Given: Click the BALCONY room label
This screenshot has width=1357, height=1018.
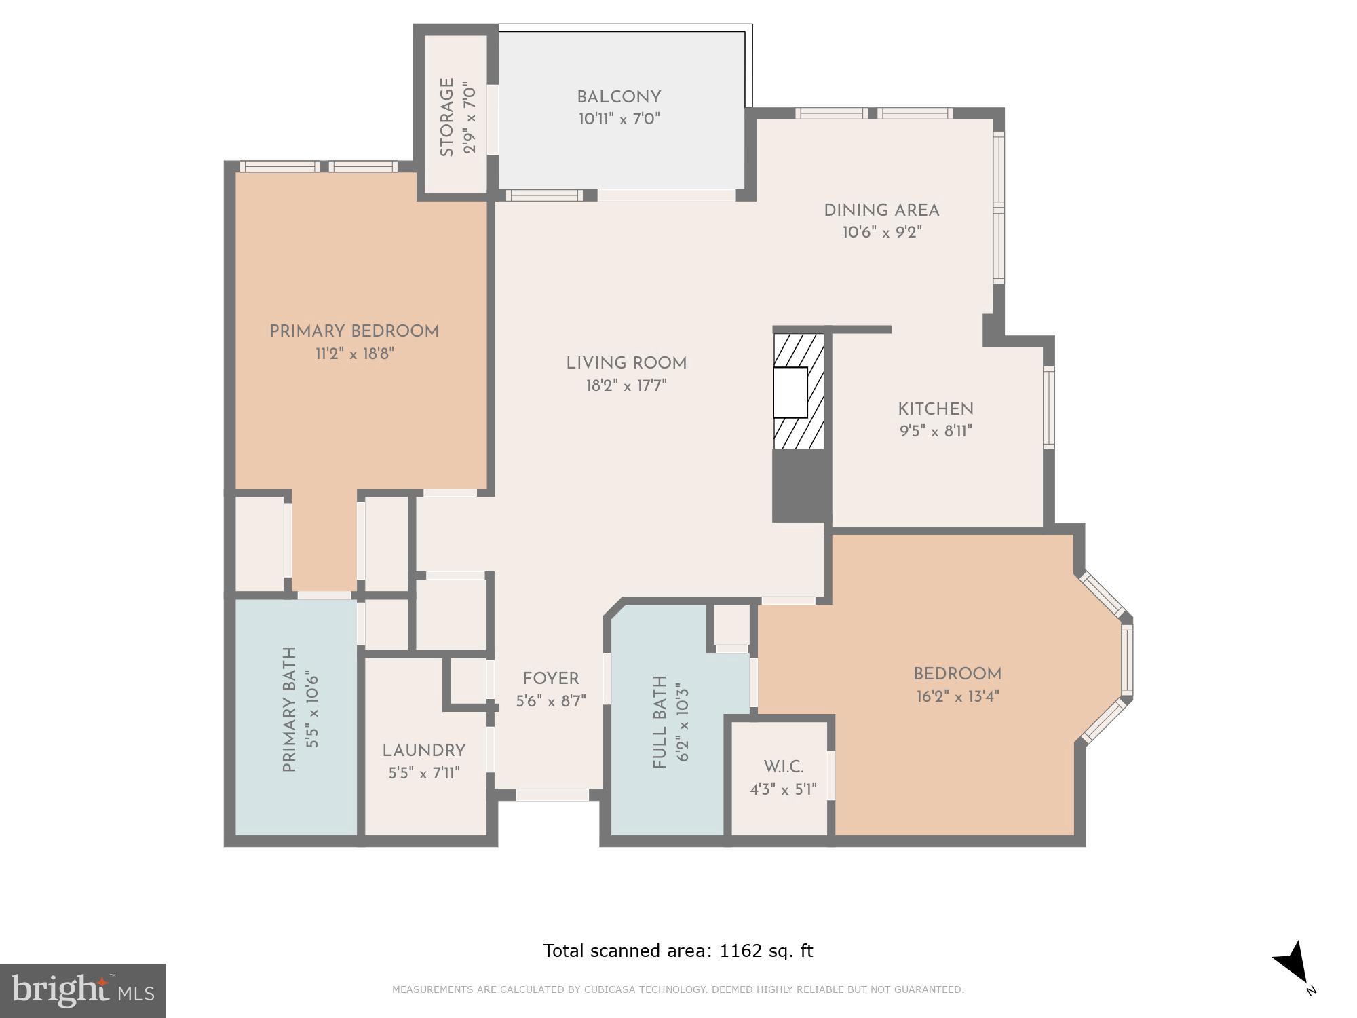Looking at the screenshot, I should click(619, 97).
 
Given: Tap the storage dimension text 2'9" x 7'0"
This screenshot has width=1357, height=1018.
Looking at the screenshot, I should click(470, 118).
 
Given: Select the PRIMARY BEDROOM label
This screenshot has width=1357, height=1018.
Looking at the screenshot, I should click(354, 331).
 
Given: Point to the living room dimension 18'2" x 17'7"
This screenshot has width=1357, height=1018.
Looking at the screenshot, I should click(626, 385).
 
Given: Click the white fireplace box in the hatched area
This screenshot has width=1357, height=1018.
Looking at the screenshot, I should click(791, 392).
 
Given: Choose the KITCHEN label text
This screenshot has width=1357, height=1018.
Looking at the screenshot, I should click(936, 409).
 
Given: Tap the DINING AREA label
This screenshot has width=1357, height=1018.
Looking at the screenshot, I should click(881, 210).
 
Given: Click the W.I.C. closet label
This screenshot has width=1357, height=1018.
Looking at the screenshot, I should click(783, 767).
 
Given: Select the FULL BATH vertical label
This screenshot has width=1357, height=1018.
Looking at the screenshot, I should click(660, 722).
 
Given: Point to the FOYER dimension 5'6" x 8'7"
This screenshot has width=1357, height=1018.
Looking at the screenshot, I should click(551, 701).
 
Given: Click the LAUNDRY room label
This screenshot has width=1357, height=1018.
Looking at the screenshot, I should click(424, 751).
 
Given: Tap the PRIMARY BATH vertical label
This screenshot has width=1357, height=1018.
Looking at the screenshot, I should click(290, 710).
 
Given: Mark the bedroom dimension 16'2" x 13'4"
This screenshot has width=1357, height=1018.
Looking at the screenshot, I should click(957, 696).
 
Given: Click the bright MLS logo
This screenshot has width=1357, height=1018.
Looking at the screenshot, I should click(83, 990).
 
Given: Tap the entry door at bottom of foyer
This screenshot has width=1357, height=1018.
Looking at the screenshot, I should click(552, 795).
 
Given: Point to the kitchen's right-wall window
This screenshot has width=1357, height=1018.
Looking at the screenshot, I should click(1049, 407).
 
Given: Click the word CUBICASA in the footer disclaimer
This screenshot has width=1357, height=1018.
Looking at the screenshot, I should click(611, 989).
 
